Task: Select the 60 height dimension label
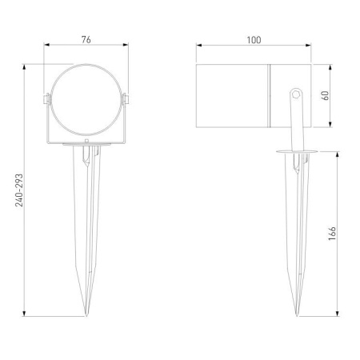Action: point(326,94)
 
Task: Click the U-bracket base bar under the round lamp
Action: point(86,142)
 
